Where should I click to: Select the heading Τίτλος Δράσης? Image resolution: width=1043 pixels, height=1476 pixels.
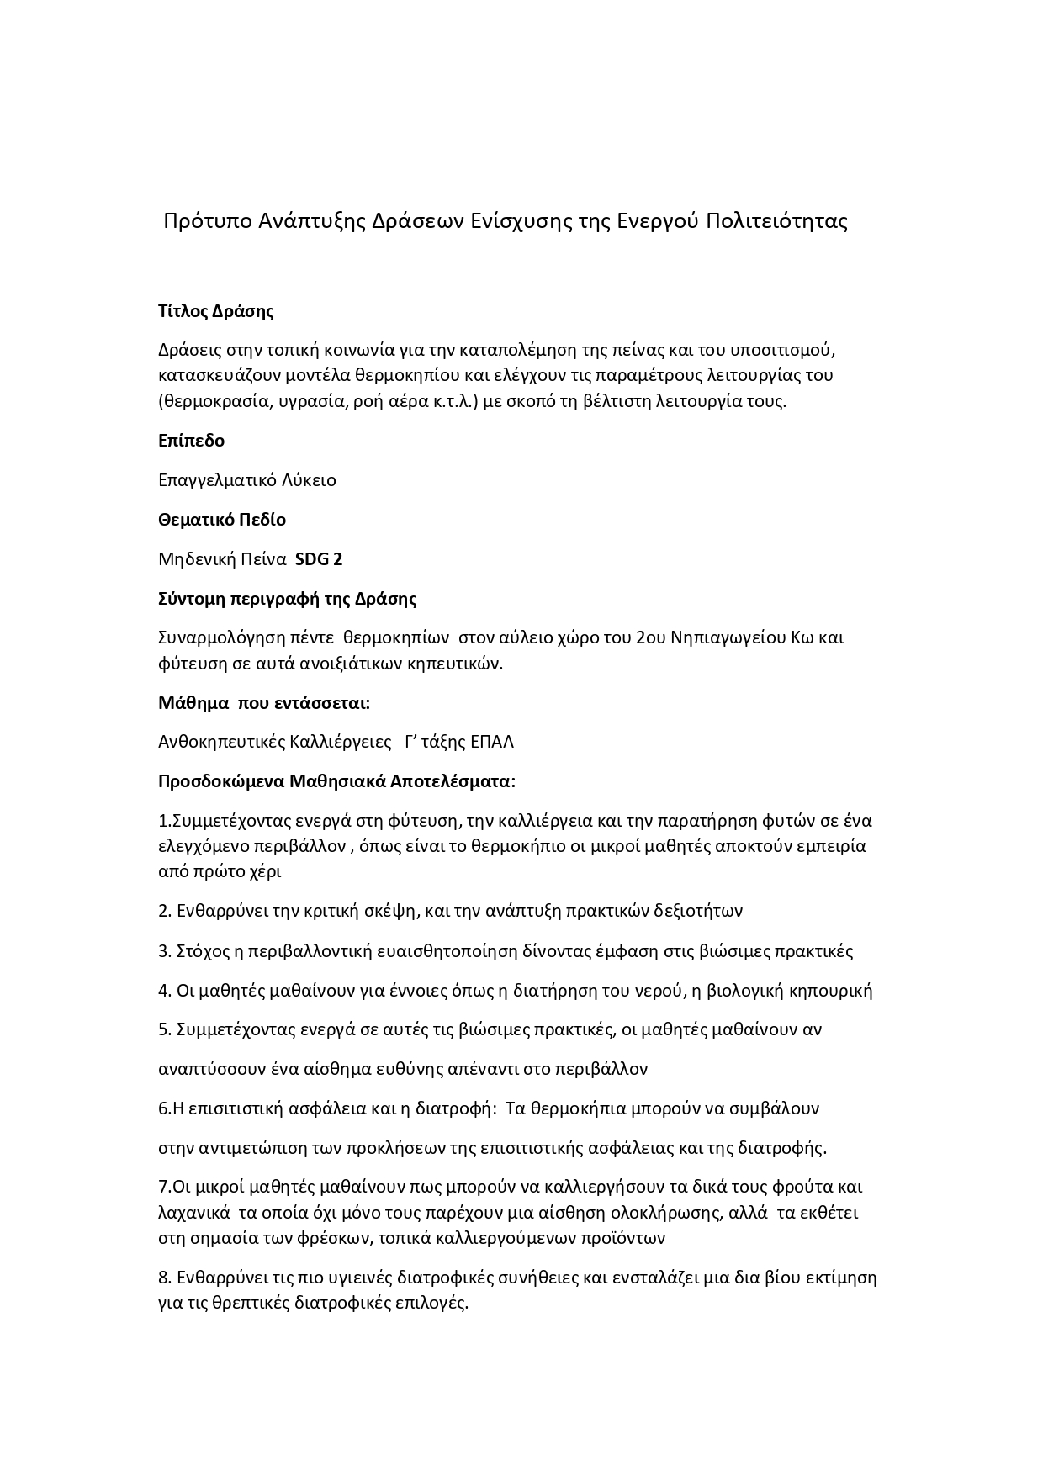click(x=216, y=311)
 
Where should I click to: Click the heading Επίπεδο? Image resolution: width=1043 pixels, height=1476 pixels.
click(x=191, y=441)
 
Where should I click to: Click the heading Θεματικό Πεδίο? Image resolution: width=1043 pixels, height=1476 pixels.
click(x=222, y=520)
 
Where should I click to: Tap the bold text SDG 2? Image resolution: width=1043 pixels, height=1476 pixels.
click(x=319, y=559)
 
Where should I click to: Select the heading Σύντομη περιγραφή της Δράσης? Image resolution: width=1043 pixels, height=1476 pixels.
click(x=288, y=599)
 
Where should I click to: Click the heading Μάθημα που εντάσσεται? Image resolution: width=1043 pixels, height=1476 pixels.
click(x=264, y=702)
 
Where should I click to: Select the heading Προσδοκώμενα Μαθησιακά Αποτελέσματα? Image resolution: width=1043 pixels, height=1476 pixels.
click(x=336, y=781)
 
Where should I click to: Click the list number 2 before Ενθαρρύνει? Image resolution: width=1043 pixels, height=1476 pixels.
click(x=163, y=911)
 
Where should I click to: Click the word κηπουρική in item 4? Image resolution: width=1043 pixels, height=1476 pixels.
click(x=831, y=991)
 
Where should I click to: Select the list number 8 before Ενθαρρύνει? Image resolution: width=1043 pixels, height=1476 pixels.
click(x=163, y=1278)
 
